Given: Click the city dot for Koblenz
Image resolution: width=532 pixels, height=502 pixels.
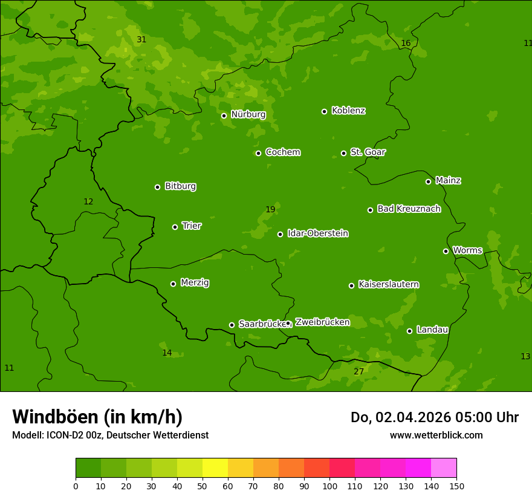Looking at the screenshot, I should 324,111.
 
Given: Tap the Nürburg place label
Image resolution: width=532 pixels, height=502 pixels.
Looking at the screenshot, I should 248,114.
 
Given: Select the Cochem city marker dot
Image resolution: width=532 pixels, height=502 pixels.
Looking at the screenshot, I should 258,153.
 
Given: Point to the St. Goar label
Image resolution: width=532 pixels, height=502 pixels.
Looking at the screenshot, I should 368,152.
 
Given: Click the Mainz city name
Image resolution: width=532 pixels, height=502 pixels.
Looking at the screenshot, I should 448,180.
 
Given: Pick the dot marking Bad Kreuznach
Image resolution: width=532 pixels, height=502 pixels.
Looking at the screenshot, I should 370,210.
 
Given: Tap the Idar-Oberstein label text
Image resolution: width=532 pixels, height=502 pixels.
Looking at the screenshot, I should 317,233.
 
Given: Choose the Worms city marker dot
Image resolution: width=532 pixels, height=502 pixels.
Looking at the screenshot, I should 446,251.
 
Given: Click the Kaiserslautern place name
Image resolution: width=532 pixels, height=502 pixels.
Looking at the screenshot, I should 389,284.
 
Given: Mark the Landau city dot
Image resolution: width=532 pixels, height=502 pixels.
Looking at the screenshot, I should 409,331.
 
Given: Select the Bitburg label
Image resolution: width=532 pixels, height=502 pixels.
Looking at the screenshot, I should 180,186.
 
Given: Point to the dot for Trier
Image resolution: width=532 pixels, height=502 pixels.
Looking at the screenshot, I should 175,227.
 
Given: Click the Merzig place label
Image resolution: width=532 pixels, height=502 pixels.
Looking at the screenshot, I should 195,282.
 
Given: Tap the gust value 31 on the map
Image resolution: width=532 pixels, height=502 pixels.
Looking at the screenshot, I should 141,39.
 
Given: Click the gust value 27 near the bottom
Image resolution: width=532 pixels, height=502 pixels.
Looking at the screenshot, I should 358,371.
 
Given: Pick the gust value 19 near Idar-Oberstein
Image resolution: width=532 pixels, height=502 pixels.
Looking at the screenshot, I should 270,209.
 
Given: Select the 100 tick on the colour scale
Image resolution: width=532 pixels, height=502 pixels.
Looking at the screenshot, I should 329,486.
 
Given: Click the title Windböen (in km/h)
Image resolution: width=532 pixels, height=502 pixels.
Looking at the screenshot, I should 97,417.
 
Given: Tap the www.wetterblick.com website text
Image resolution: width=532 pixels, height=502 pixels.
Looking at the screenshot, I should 436,435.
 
